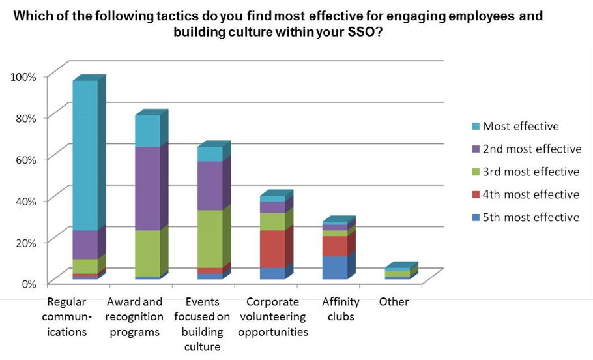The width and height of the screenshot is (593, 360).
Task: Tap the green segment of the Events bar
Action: pyautogui.click(x=210, y=239)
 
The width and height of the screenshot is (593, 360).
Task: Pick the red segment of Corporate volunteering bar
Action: pyautogui.click(x=272, y=248)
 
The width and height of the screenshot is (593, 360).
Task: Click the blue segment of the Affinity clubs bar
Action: pyautogui.click(x=335, y=267)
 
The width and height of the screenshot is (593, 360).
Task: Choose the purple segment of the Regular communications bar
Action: pyautogui.click(x=85, y=245)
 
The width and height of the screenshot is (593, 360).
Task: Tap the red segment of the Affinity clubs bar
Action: pyautogui.click(x=335, y=246)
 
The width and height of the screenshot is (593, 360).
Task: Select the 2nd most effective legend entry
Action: pyautogui.click(x=532, y=149)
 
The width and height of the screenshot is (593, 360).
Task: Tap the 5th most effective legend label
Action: pyautogui.click(x=530, y=217)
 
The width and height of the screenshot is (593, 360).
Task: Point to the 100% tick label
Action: pyautogui.click(x=24, y=76)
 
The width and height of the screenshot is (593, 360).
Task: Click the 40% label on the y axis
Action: pyautogui.click(x=27, y=200)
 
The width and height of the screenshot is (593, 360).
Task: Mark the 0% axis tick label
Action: pyautogui.click(x=29, y=283)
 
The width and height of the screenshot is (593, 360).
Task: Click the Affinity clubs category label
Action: pyautogui.click(x=340, y=309)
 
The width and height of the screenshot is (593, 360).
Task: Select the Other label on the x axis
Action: pyautogui.click(x=394, y=302)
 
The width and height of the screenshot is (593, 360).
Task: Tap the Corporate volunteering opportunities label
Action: pyautogui.click(x=272, y=317)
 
